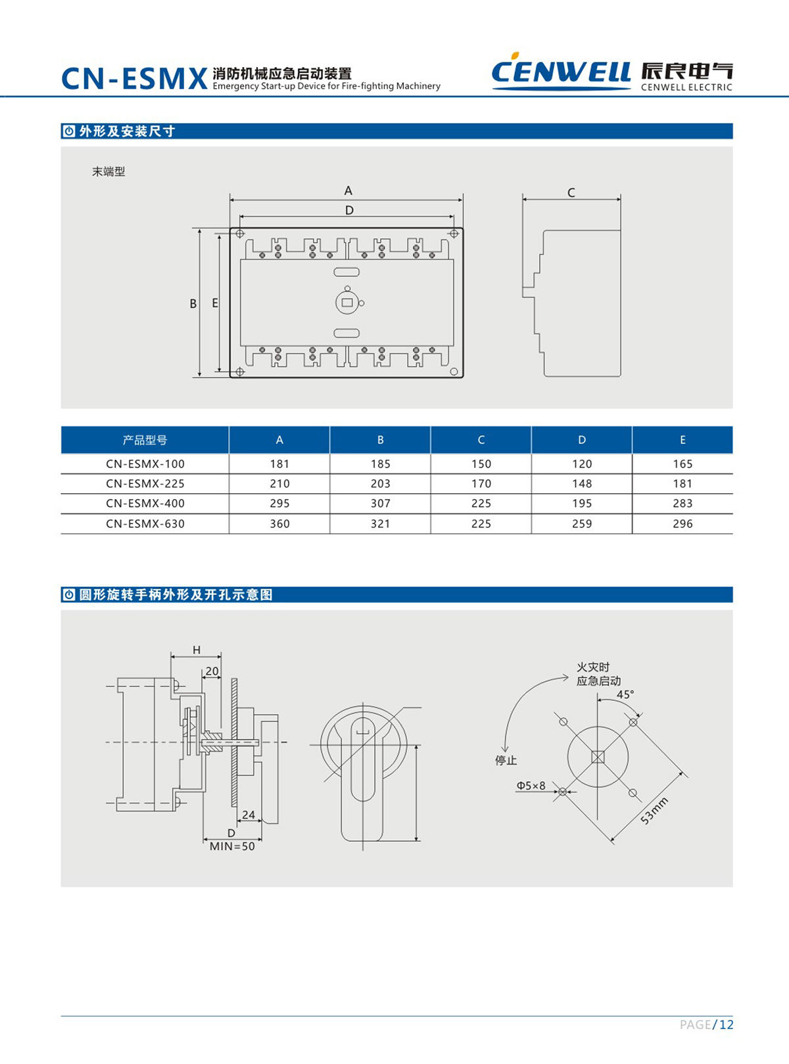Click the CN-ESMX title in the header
coord(134,79)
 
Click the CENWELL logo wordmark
coord(560,71)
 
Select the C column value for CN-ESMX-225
coord(481,483)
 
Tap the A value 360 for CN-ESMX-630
coord(279,523)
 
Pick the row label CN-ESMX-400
coord(145,503)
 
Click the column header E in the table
coord(682,440)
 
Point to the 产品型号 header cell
coord(145,440)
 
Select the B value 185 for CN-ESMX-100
coord(380,464)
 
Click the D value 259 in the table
coord(582,523)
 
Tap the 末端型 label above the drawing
coord(108,172)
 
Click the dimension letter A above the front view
coord(348,191)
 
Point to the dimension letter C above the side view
coord(571,193)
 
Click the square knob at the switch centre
coord(347,302)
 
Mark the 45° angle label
coord(625,695)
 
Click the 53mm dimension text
coord(654,811)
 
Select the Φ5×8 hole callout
coord(531,786)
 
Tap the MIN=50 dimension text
coord(232,846)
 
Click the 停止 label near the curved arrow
coord(506,760)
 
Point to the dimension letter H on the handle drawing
coord(197,650)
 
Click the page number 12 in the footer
coord(726,1025)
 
